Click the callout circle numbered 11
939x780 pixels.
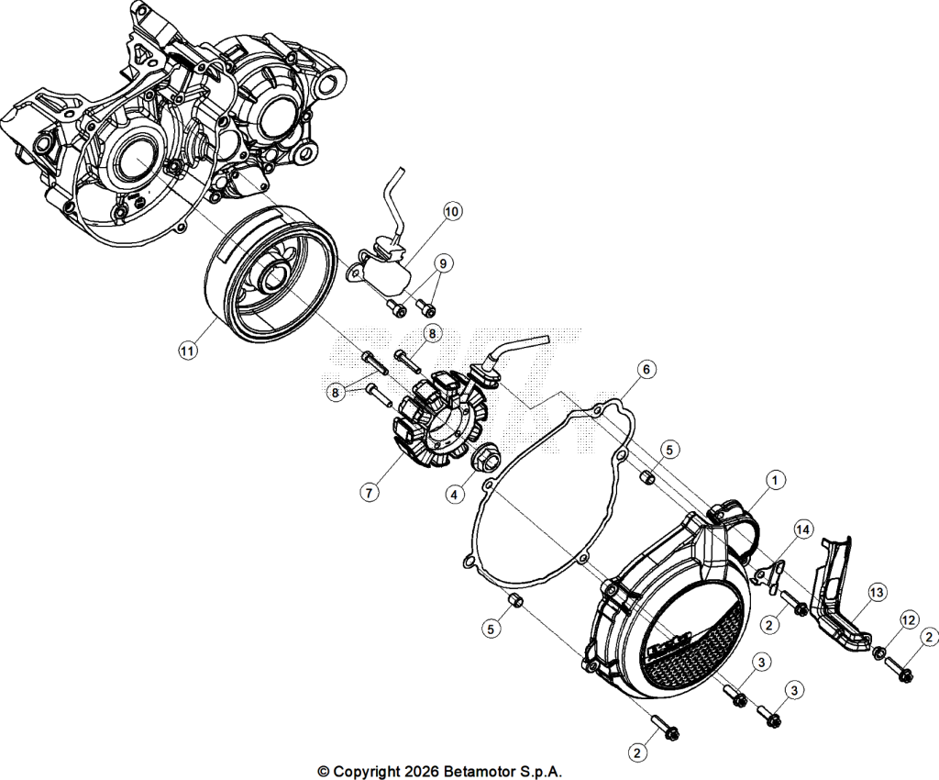pyautogui.click(x=187, y=351)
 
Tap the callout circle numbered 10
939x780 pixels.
pyautogui.click(x=452, y=211)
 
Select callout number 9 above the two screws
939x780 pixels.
pyautogui.click(x=443, y=263)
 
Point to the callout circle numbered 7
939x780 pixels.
pyautogui.click(x=370, y=493)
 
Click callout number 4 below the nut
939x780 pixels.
pyautogui.click(x=455, y=495)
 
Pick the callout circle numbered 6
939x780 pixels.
pyautogui.click(x=646, y=370)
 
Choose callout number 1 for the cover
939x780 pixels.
pyautogui.click(x=776, y=480)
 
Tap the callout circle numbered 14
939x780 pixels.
pyautogui.click(x=803, y=529)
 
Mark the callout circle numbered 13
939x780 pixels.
pyautogui.click(x=877, y=593)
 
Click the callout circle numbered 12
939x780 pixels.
pyautogui.click(x=909, y=620)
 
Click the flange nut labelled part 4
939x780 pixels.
pyautogui.click(x=483, y=461)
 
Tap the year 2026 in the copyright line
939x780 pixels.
pyautogui.click(x=422, y=771)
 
